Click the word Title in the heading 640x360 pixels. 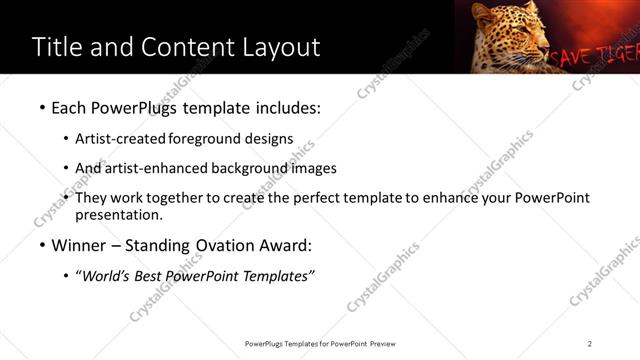tap(58, 47)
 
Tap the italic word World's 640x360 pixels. tap(106, 275)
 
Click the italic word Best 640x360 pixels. tap(146, 275)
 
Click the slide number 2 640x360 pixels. tap(590, 344)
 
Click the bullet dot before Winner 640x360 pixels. tap(41, 246)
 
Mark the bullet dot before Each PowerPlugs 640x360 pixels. tap(41, 106)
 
